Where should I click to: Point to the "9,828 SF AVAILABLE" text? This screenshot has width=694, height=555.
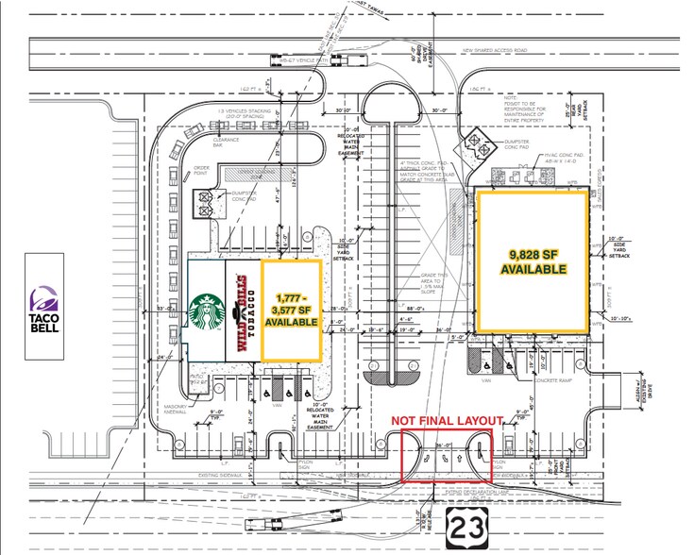click(534, 261)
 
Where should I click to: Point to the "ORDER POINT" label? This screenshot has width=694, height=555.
click(198, 173)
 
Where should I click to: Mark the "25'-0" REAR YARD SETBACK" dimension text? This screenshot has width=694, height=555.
click(588, 109)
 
